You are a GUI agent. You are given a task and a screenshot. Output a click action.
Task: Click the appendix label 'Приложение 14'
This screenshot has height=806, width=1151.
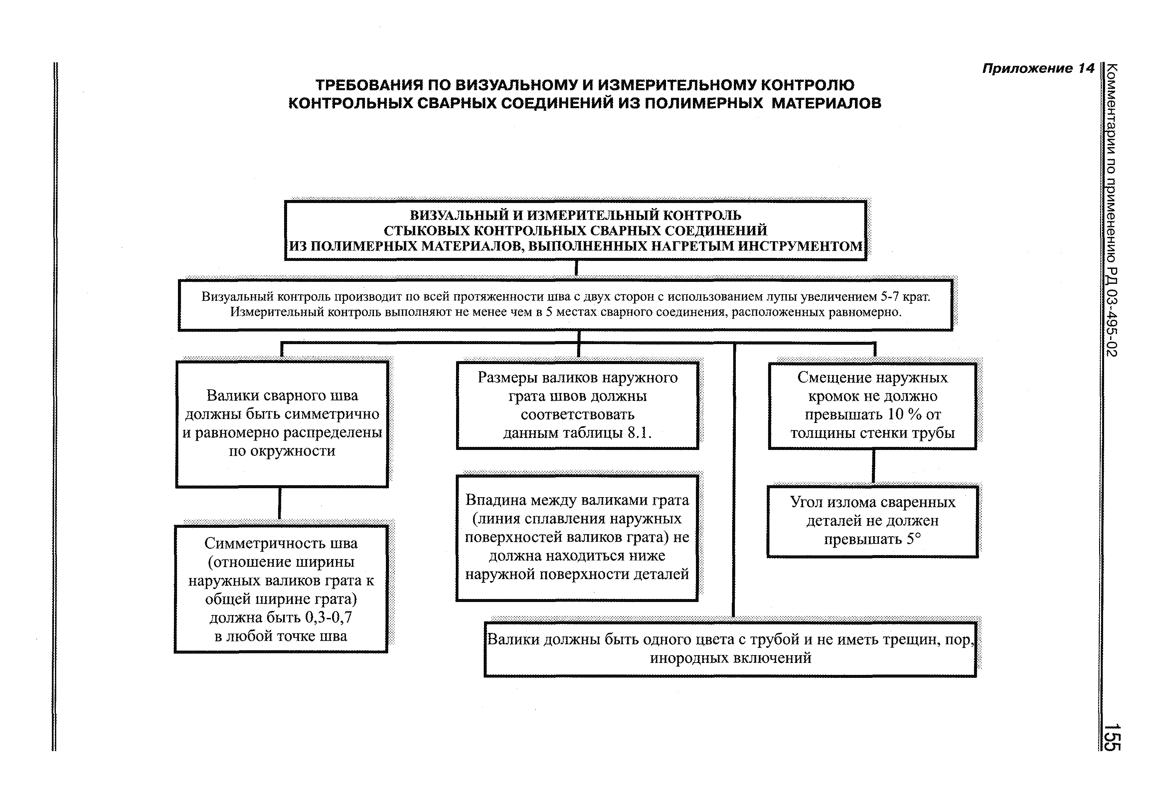[1038, 69]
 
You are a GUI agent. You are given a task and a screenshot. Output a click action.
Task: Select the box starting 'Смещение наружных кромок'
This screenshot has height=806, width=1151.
[872, 405]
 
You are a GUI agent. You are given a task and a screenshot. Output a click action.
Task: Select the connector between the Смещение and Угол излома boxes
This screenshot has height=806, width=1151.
[873, 467]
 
